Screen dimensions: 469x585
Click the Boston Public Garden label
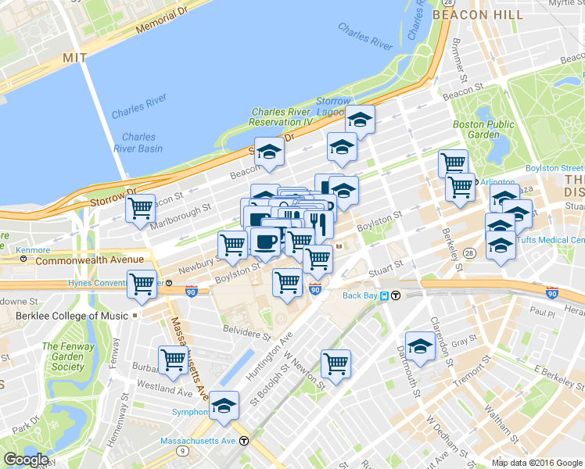coord(483,129)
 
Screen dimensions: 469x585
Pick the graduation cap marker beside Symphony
coord(224,405)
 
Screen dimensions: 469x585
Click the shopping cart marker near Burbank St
coord(173,360)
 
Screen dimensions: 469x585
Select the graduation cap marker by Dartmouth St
coord(420,346)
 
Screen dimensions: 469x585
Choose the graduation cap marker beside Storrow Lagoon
coord(360,120)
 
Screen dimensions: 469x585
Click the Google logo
coord(26,460)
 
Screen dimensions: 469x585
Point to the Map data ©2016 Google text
coord(537,463)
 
